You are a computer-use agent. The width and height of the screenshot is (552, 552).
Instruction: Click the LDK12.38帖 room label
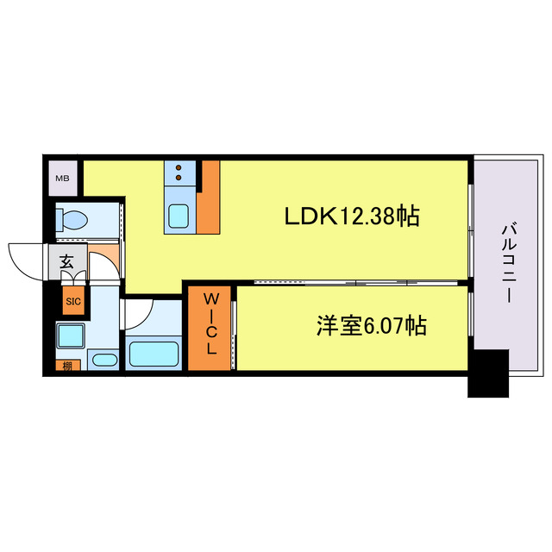tap(351, 216)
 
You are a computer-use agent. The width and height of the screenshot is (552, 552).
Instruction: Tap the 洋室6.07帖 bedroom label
tap(372, 326)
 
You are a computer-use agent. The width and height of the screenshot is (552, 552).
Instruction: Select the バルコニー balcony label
tap(508, 263)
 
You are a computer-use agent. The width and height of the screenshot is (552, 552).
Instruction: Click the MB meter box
tap(63, 179)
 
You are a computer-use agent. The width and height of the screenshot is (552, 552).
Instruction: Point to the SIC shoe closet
tap(73, 301)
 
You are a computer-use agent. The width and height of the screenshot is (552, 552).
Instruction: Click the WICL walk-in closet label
tap(210, 324)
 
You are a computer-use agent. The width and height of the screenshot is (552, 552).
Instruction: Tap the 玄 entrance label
tap(66, 261)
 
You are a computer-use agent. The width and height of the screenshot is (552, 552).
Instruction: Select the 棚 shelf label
tap(67, 366)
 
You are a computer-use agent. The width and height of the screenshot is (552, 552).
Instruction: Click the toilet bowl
tap(72, 221)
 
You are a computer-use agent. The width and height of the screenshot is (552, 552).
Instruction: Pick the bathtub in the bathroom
tap(154, 354)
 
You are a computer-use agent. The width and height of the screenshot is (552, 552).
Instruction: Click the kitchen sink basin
tap(179, 216)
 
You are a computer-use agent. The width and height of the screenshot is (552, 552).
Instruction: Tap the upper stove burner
tap(179, 167)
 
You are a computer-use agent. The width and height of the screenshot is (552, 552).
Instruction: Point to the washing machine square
tap(71, 336)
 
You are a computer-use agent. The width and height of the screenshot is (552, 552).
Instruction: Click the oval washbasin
tap(104, 360)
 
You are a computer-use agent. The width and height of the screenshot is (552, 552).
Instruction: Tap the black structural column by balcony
tap(488, 373)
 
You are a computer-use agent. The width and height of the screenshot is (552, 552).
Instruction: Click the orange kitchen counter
tap(209, 198)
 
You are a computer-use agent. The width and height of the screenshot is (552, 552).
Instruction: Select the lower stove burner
tap(179, 179)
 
